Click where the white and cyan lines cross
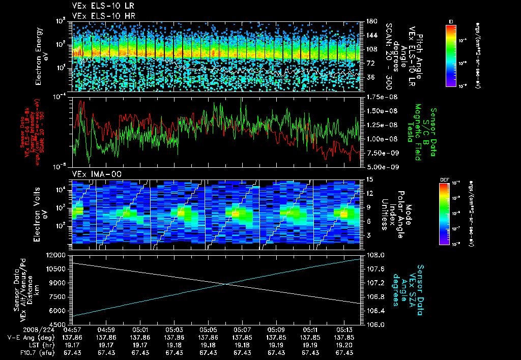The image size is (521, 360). pos(227,284)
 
